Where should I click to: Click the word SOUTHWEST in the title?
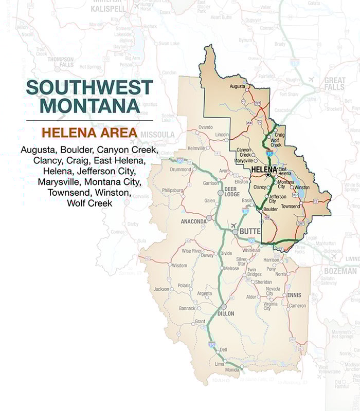pos(89,87)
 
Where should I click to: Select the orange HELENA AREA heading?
pos(89,133)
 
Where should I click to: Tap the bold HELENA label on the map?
pos(264,169)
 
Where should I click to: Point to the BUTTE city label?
pos(250,232)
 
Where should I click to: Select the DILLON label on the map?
pos(225,313)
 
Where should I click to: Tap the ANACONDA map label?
pos(194,221)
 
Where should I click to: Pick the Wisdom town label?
pos(179,265)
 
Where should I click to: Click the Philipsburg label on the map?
pos(172,190)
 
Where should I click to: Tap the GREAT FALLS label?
pos(335,84)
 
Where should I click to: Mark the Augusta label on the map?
pos(237,86)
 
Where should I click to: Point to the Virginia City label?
pos(269,306)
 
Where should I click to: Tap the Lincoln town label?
pos(222,135)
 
